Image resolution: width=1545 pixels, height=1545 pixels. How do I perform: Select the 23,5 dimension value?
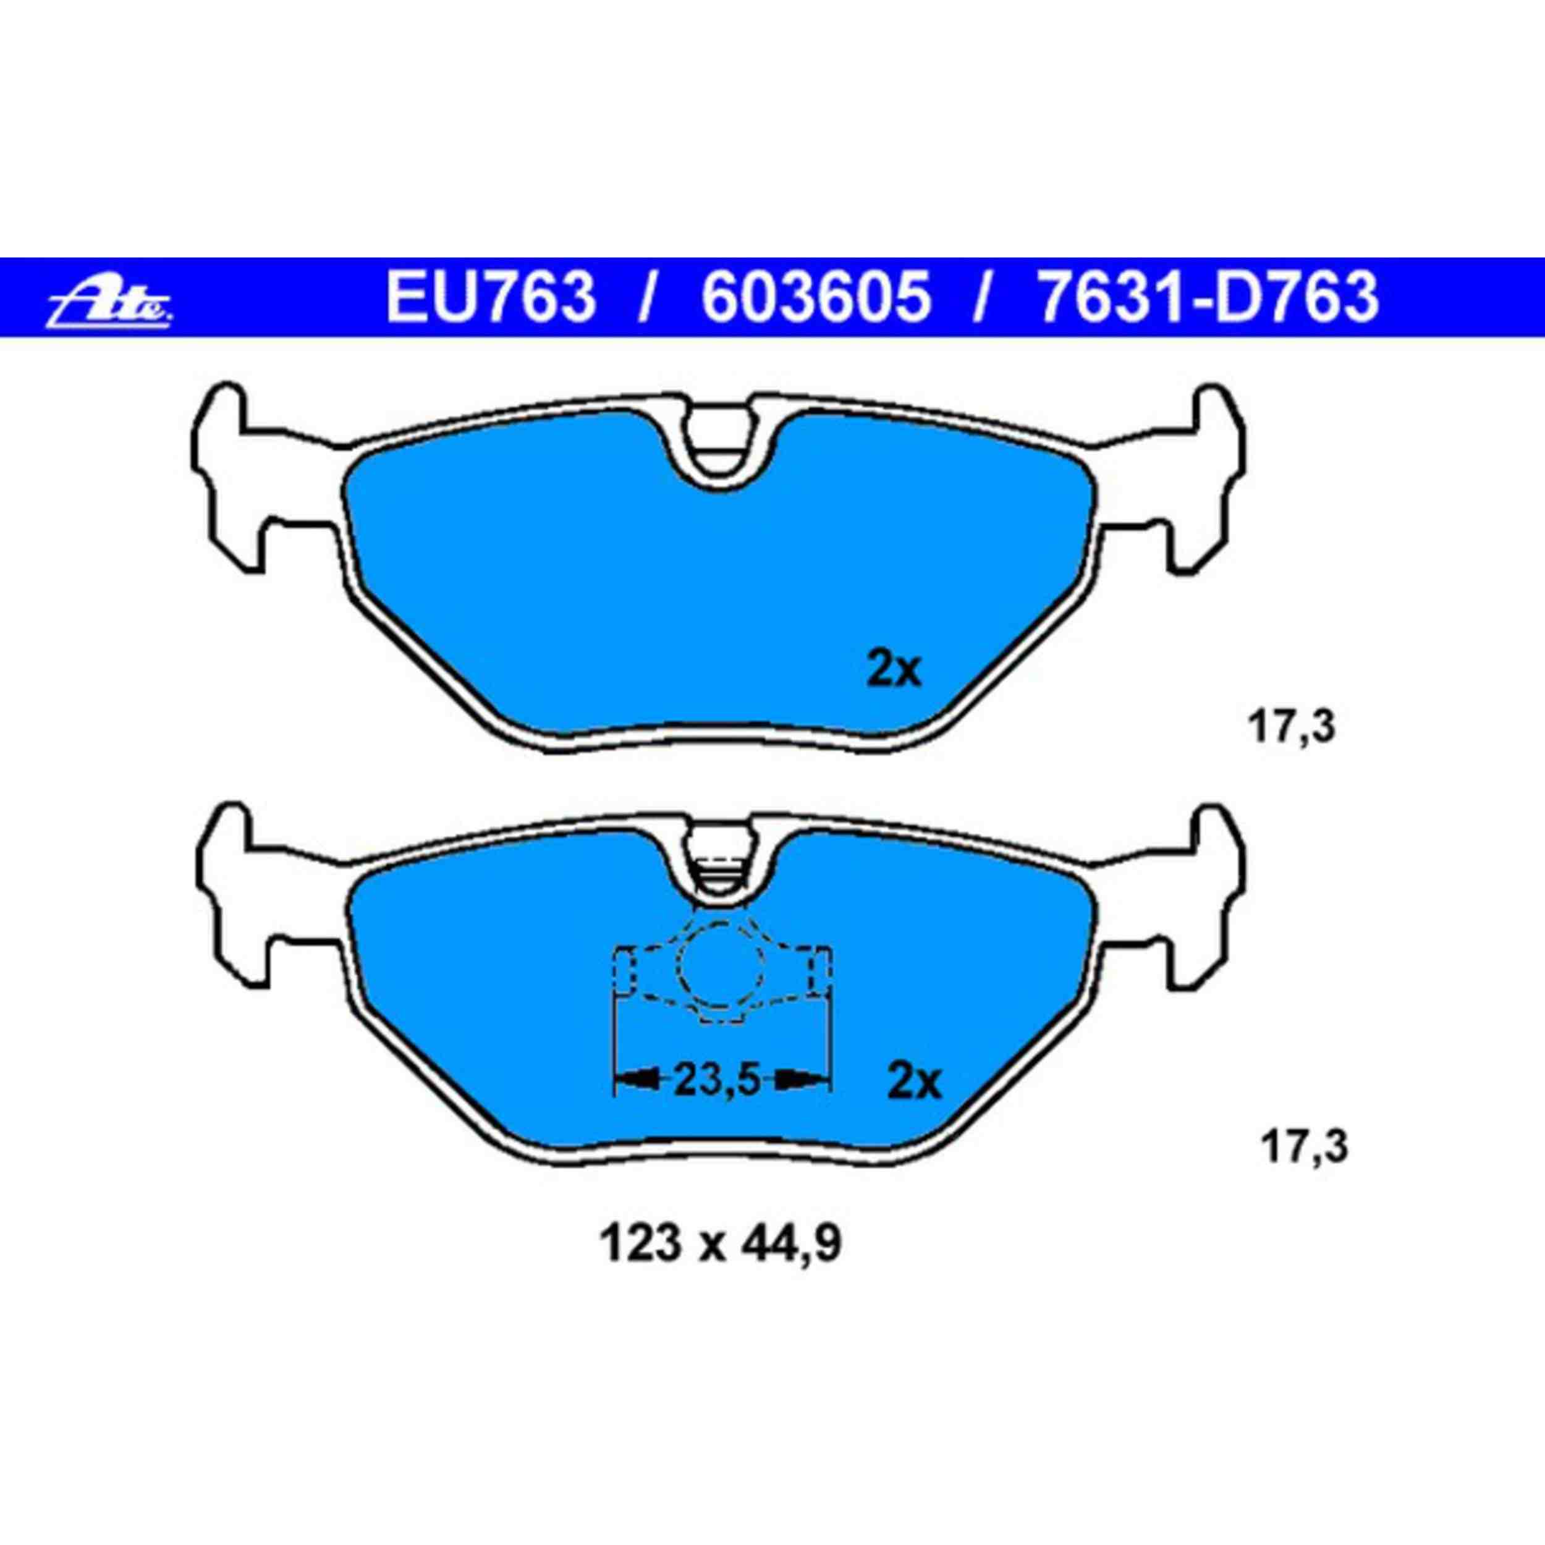point(716,1081)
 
